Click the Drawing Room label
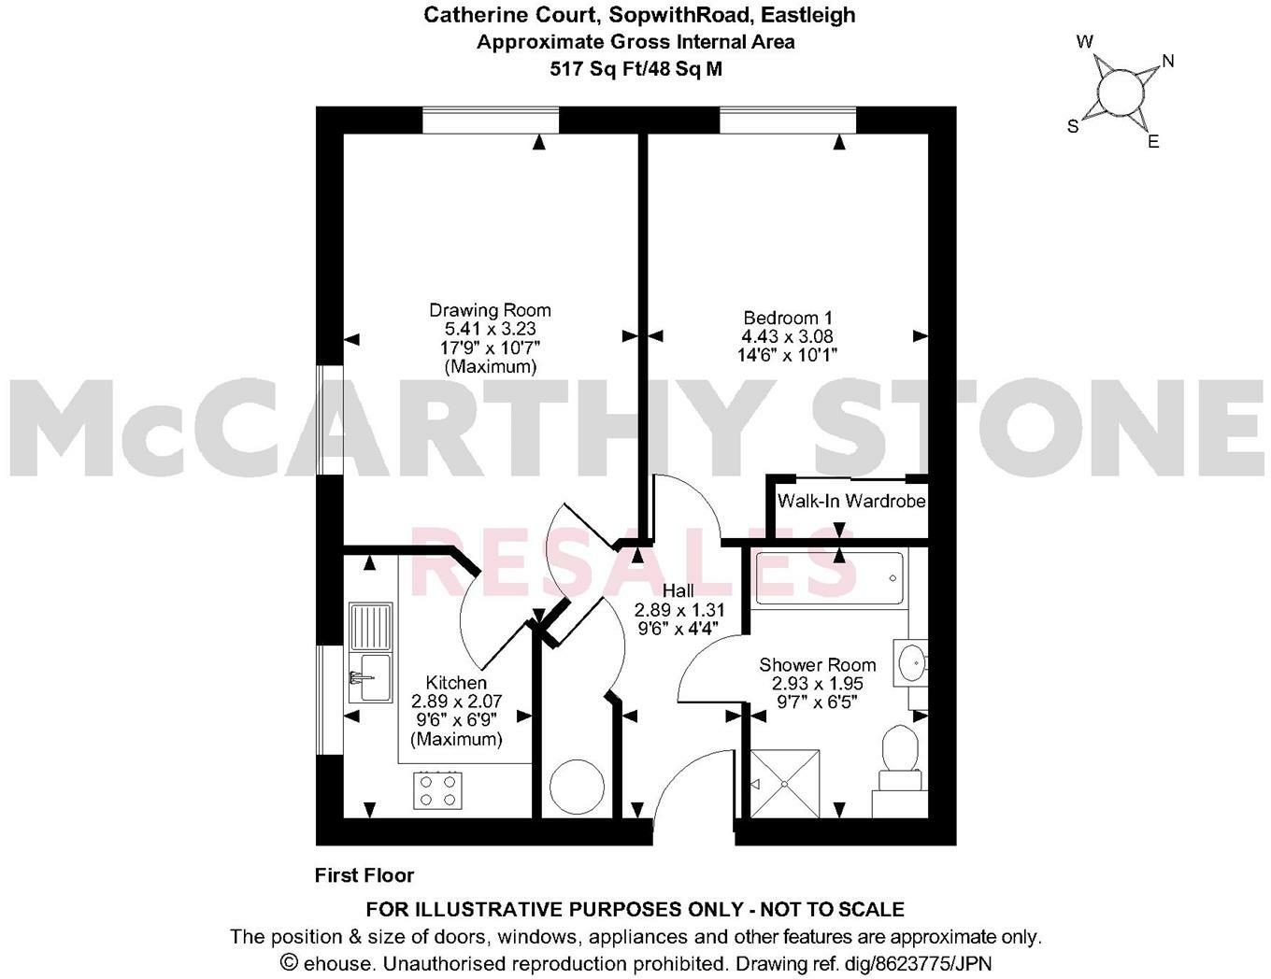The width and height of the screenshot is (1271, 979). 490,310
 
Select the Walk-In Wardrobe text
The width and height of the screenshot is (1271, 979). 851,502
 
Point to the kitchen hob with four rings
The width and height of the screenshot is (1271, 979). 437,789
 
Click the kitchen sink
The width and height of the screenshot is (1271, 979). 370,653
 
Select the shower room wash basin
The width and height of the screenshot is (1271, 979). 910,663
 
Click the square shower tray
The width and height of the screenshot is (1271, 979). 786,783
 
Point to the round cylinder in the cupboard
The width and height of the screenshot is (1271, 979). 576,787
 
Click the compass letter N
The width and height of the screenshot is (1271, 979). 1167,62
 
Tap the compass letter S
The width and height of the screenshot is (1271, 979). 1074,126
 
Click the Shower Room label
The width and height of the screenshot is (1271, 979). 817,665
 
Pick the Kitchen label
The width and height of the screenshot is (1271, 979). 456,683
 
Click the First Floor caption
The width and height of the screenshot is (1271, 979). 364,875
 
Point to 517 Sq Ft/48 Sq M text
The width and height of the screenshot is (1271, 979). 635,68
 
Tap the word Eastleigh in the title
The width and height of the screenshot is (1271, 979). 805,15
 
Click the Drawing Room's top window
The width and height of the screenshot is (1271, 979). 491,121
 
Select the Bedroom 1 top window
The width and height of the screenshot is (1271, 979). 788,121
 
